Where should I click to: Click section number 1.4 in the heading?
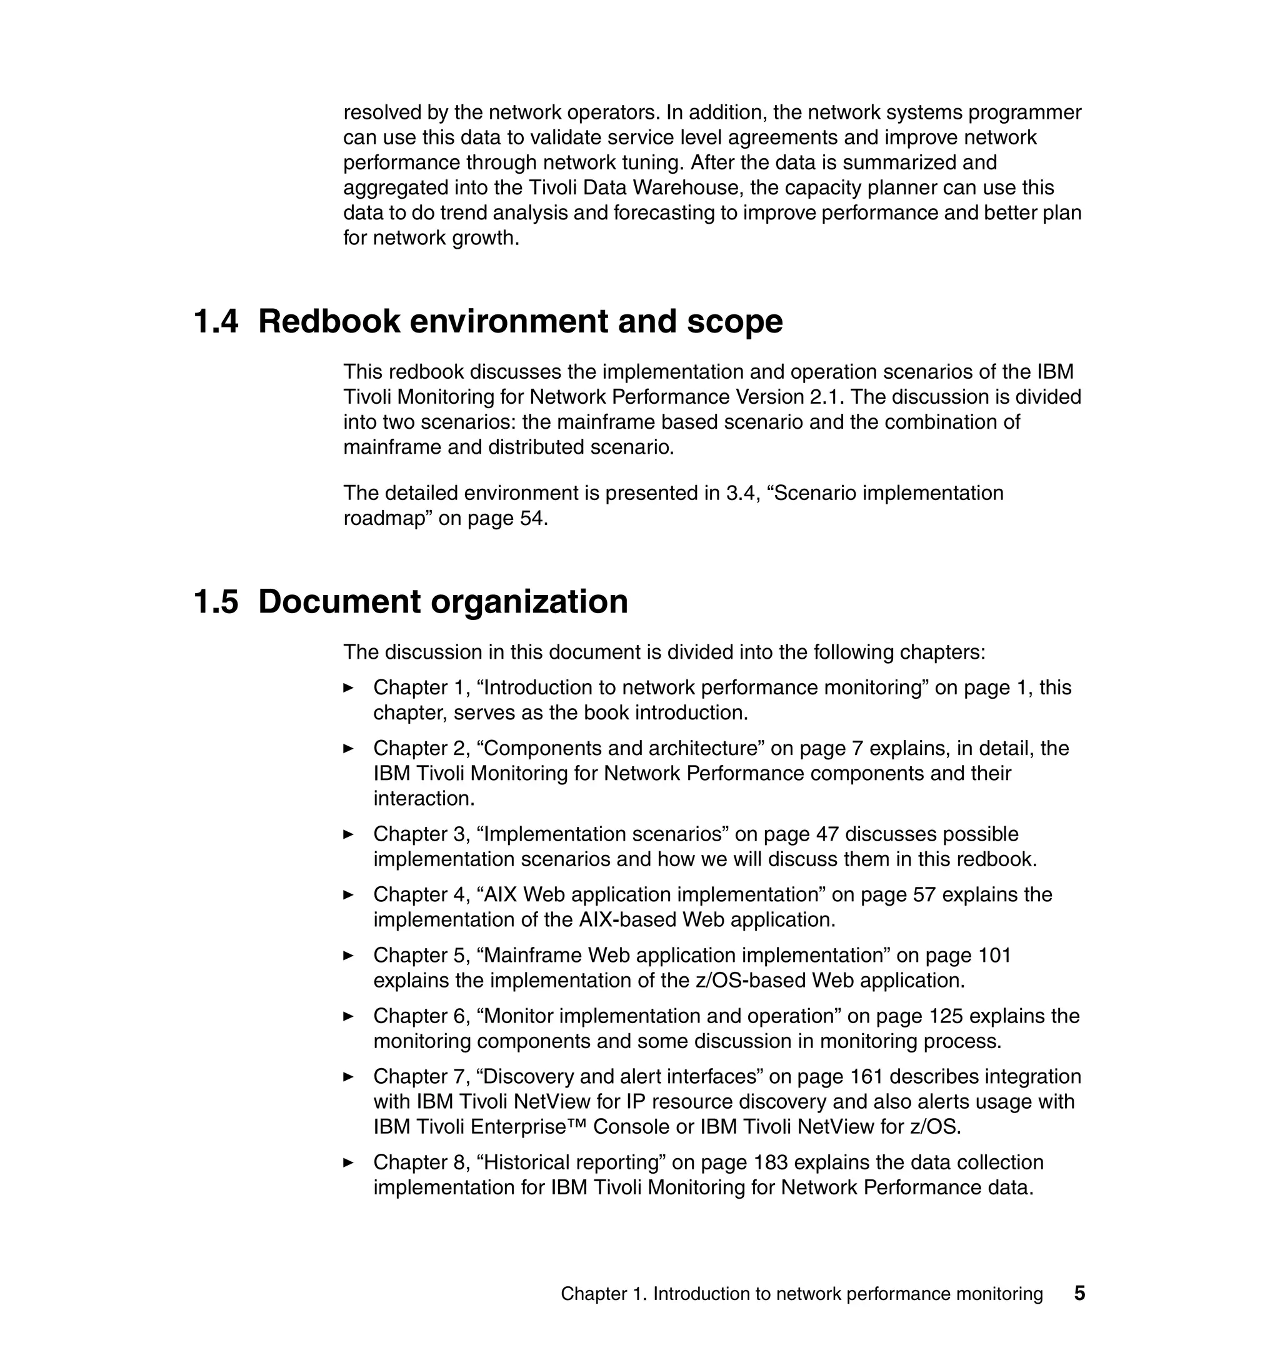(216, 322)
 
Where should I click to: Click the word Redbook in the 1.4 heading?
(329, 322)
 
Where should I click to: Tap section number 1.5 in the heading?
(216, 602)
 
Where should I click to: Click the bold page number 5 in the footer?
(1079, 1294)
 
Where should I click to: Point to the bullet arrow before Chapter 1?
(349, 687)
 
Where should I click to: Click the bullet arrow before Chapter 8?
(349, 1162)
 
